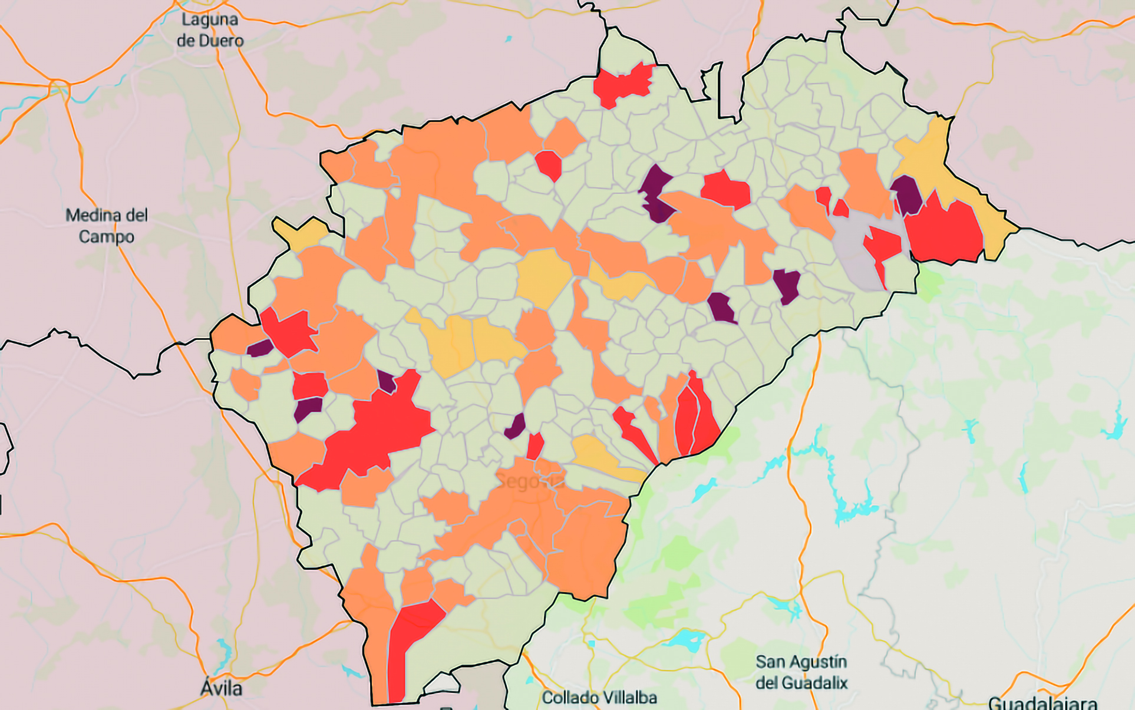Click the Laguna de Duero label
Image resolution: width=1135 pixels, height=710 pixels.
point(210,30)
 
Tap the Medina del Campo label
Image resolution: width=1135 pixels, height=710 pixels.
point(106,226)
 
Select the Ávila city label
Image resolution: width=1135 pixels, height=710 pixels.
point(221,688)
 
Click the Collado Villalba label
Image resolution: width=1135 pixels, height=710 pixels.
point(599,698)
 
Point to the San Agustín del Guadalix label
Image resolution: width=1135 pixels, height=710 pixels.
point(801,672)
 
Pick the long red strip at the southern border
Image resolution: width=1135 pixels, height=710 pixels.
point(407,648)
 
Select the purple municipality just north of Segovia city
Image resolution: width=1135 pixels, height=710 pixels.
point(516,426)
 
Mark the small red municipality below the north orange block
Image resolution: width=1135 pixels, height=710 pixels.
point(549,164)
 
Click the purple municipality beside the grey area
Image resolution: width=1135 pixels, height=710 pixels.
point(906,194)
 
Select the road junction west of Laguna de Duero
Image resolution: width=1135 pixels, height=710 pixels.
point(59,87)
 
